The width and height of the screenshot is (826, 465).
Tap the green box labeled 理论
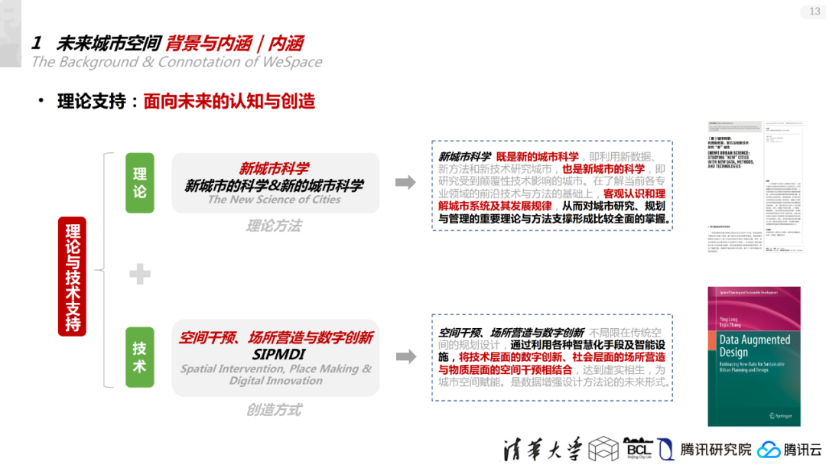pyautogui.click(x=140, y=183)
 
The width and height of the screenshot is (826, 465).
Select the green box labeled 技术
pyautogui.click(x=140, y=357)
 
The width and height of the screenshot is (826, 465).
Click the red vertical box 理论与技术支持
pyautogui.click(x=73, y=276)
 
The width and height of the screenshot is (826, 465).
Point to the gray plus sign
pyautogui.click(x=140, y=273)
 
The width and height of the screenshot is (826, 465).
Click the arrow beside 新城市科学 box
pyautogui.click(x=405, y=182)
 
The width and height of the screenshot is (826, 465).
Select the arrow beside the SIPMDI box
pyautogui.click(x=405, y=357)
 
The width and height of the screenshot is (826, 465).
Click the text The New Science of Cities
pyautogui.click(x=275, y=200)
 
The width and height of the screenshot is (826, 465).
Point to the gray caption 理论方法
pyautogui.click(x=274, y=226)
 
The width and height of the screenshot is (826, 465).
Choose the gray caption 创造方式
pyautogui.click(x=274, y=410)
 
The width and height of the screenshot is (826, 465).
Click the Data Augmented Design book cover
pyautogui.click(x=753, y=356)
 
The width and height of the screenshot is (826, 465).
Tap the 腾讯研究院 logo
pyautogui.click(x=707, y=449)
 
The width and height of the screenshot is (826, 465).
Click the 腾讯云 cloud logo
pyautogui.click(x=790, y=449)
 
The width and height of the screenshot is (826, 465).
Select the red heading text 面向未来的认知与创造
pyautogui.click(x=229, y=101)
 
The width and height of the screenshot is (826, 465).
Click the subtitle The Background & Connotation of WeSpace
pyautogui.click(x=177, y=62)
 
